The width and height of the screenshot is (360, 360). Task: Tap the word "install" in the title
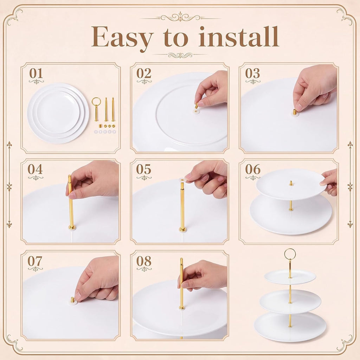[239, 36]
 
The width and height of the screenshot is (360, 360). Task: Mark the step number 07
[35, 261]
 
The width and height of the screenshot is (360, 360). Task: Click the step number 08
[144, 261]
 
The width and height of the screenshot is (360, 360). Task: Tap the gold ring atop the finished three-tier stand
[290, 253]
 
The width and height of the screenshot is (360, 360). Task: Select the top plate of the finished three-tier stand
[290, 277]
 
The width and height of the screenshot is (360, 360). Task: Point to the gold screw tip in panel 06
[291, 183]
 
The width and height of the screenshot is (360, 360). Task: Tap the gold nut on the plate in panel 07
[72, 300]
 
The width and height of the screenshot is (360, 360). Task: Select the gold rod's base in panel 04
[72, 227]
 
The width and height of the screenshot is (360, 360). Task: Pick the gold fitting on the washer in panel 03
[294, 112]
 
